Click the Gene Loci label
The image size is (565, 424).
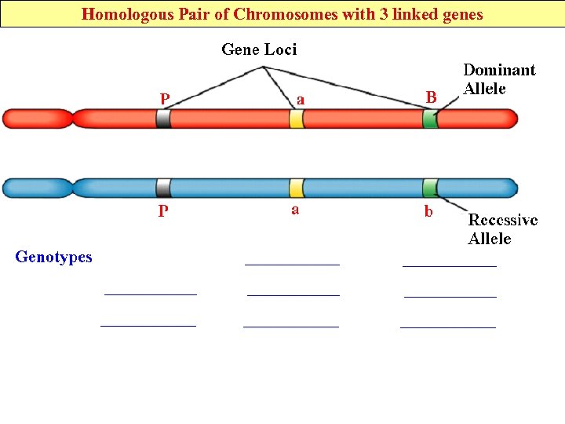point(259,49)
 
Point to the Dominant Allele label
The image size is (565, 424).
point(499,79)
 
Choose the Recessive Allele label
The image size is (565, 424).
point(502,229)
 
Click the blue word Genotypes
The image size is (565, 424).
point(53,257)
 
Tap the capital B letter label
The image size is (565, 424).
point(431,97)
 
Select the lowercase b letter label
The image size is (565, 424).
point(428,211)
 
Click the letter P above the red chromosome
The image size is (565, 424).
point(164,99)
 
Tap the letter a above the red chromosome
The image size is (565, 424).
point(300,99)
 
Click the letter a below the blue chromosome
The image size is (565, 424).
point(295,210)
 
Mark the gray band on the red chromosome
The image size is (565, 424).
point(163,119)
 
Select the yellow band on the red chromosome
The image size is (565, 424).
point(296,119)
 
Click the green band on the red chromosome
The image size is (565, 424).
point(430,119)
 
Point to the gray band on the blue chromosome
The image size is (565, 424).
point(163,188)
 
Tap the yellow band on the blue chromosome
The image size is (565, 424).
point(296,188)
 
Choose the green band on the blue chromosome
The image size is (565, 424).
point(430,188)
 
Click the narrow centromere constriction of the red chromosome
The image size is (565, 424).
point(72,119)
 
